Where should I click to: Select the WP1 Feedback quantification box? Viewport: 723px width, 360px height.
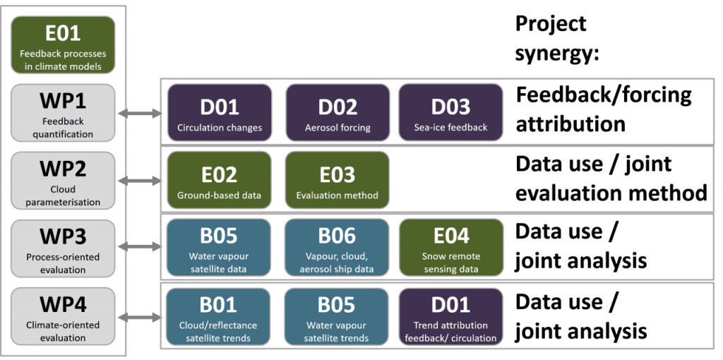[x=63, y=112]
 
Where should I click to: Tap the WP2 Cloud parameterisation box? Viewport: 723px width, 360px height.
[x=63, y=180]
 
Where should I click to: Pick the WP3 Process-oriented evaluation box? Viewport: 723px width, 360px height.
[x=63, y=248]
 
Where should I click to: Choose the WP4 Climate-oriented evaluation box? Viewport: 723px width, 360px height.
[x=63, y=316]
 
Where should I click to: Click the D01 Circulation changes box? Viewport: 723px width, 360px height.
[x=220, y=112]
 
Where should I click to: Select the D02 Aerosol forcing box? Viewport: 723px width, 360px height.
[x=337, y=112]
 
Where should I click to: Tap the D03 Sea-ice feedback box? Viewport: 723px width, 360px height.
[x=450, y=112]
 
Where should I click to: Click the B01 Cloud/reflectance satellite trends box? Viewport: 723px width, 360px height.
[x=220, y=316]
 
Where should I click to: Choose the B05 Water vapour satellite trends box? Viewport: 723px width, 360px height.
[x=337, y=316]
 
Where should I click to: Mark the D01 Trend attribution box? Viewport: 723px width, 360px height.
[x=450, y=316]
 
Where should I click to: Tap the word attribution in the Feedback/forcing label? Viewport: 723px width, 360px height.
[x=570, y=124]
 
